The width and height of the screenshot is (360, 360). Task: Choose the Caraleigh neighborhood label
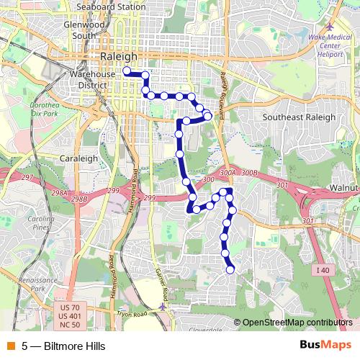point(78,158)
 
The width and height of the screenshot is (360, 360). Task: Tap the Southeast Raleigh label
point(299,117)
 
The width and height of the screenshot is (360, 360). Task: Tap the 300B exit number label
point(249,174)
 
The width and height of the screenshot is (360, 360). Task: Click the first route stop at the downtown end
point(126,71)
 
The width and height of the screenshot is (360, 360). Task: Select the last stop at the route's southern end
point(230,270)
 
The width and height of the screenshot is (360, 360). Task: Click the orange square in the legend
point(9,346)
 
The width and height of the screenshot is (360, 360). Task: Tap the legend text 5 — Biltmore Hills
point(63,346)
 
